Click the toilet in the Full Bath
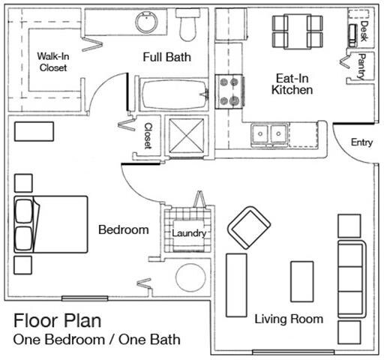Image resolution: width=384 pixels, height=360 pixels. pos(187,25)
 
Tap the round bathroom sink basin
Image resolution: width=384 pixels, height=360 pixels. pos(147,22)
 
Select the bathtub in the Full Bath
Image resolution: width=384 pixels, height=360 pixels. pos(173,94)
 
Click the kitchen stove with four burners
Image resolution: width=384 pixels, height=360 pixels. pos(229,91)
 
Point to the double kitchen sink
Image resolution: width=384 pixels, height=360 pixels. pos(269,134)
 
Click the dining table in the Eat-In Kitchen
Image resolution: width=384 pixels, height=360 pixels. pos(297,31)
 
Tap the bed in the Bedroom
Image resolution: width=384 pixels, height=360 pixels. pos(51,224)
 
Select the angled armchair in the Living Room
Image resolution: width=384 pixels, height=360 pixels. pos(249,228)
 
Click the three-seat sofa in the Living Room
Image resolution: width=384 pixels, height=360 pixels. pos(351,279)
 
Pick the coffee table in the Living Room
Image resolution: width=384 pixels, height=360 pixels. pos(302,281)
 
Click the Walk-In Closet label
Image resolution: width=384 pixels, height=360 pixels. pos(53,61)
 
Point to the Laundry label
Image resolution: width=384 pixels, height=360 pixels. pos(189,233)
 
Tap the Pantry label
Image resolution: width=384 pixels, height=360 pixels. pos(362,67)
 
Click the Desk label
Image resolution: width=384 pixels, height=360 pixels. pos(364,31)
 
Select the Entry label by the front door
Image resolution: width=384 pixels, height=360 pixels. pos(361,142)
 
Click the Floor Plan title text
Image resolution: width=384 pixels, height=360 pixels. pos(58,321)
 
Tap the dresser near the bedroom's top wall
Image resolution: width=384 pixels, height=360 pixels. pos(34,131)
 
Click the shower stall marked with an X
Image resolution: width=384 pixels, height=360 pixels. pos(187,135)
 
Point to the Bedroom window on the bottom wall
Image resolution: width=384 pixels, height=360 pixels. pos(85,298)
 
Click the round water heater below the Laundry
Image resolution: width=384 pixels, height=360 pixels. pos(190,277)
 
